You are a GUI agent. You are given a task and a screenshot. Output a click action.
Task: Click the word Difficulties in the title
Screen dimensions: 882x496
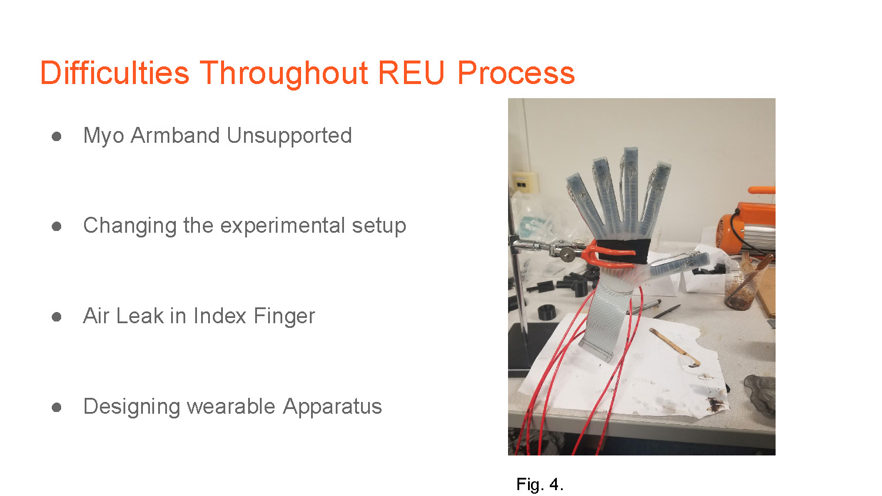(115, 73)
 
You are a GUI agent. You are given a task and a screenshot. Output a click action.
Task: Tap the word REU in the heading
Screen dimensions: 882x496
(411, 73)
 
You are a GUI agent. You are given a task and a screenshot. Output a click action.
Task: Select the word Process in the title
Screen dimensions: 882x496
(516, 73)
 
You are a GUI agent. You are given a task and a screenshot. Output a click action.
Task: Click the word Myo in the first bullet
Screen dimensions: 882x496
(103, 136)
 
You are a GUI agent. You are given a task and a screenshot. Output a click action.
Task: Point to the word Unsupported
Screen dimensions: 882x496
(289, 136)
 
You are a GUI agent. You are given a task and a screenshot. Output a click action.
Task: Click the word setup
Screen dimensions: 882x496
(379, 226)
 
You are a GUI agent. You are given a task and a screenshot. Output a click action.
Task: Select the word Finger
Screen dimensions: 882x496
(284, 317)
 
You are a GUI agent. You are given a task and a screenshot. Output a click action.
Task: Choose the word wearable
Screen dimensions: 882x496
(230, 406)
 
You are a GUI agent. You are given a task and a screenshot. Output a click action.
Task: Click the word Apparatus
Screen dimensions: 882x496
(332, 407)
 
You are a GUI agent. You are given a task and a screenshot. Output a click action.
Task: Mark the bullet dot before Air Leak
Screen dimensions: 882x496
(56, 317)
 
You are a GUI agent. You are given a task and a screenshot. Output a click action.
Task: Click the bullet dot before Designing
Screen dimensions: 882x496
(56, 407)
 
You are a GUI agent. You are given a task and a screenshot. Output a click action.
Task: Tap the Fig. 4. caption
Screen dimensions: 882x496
(539, 484)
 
